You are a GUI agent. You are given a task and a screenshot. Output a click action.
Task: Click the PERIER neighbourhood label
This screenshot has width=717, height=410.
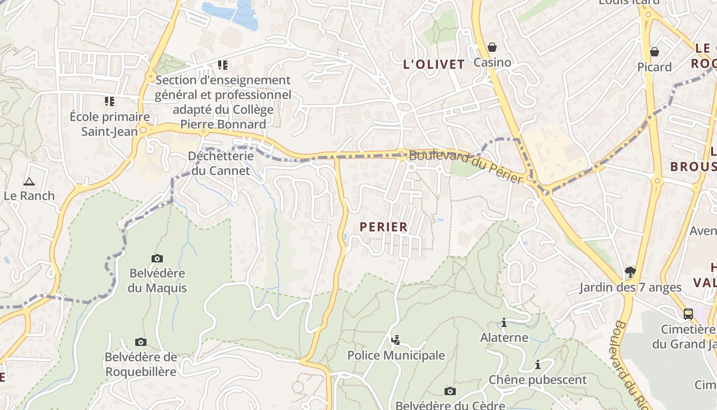384,227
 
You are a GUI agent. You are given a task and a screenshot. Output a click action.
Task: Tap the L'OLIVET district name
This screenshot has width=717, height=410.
434,65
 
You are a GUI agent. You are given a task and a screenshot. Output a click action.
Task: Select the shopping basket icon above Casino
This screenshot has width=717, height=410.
492,47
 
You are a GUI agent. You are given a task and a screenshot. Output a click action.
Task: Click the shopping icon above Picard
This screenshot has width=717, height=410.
654,51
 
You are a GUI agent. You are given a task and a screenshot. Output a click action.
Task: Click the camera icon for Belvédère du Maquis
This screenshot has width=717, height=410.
157,258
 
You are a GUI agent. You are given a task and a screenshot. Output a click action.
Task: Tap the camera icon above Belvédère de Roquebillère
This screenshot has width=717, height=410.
140,342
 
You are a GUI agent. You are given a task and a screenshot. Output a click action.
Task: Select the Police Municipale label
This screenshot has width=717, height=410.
396,355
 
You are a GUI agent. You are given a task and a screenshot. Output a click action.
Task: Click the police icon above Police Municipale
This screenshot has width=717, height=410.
395,340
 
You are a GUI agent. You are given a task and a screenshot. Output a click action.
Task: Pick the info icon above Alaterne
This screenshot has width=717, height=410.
504,322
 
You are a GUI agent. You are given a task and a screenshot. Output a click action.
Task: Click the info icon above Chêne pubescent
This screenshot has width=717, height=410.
538,364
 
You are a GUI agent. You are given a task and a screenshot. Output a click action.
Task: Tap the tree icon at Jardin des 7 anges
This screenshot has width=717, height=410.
630,272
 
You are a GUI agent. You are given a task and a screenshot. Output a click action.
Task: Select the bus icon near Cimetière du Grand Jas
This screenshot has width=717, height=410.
688,314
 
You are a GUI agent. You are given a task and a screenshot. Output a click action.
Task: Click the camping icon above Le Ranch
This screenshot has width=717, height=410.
29,181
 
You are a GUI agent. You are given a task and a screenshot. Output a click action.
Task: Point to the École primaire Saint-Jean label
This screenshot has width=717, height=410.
110,124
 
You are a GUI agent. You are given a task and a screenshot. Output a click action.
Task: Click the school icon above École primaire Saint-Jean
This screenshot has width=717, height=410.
110,101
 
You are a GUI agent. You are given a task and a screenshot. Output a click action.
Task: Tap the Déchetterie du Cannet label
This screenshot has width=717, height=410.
220,163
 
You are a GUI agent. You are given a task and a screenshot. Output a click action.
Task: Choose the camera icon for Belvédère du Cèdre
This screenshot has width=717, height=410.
450,391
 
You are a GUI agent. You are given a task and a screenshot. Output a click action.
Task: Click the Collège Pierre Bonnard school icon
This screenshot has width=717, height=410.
223,65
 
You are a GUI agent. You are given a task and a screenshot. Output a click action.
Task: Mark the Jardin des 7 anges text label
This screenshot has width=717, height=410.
630,288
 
